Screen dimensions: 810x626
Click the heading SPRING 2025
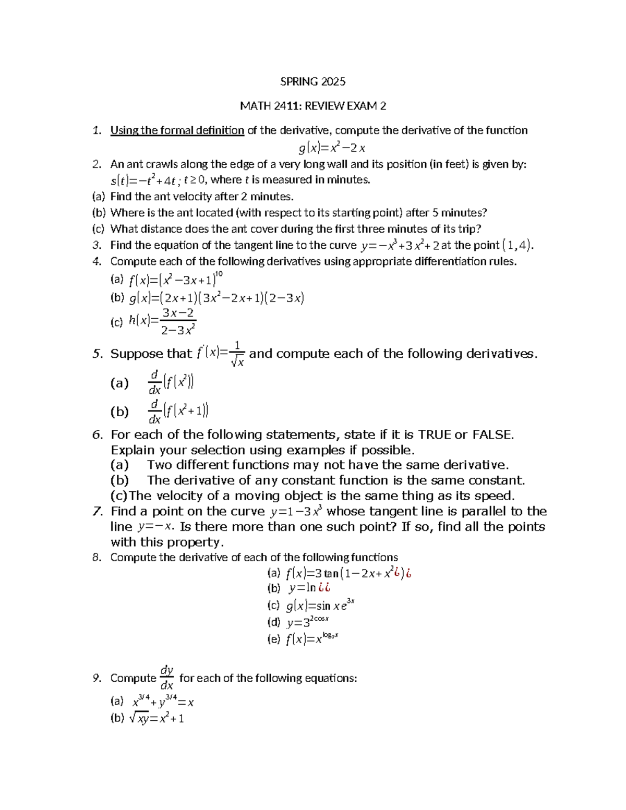click(312, 81)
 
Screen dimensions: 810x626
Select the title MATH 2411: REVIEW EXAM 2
click(312, 106)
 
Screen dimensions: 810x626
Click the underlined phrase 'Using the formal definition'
click(177, 130)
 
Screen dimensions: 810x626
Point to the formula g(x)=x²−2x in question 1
click(332, 148)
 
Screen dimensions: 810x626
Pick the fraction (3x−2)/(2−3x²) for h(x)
click(178, 321)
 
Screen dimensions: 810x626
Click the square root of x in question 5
click(237, 361)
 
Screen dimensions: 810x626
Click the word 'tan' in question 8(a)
click(331, 574)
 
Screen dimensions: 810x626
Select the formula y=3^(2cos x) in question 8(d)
click(307, 622)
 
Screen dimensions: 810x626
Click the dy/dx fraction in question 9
click(167, 678)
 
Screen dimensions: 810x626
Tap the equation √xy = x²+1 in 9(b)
click(156, 718)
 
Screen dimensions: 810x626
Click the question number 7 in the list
click(97, 511)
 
